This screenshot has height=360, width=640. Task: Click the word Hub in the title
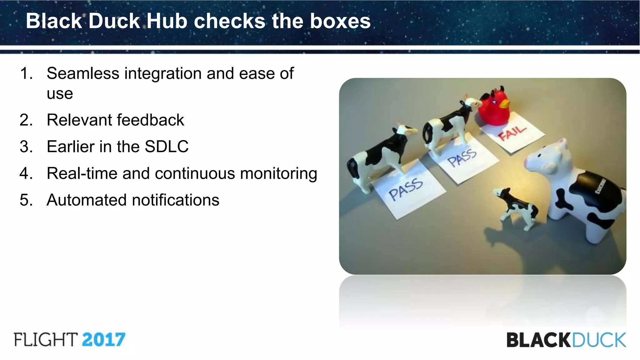[167, 21]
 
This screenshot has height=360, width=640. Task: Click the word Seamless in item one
[83, 74]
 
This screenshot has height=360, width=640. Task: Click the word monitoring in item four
[278, 173]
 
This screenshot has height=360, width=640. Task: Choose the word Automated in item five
[87, 200]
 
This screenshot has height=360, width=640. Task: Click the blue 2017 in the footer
[103, 340]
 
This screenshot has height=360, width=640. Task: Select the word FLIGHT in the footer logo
[46, 340]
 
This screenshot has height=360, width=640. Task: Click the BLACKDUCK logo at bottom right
[566, 340]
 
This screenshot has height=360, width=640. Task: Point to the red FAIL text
[512, 132]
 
